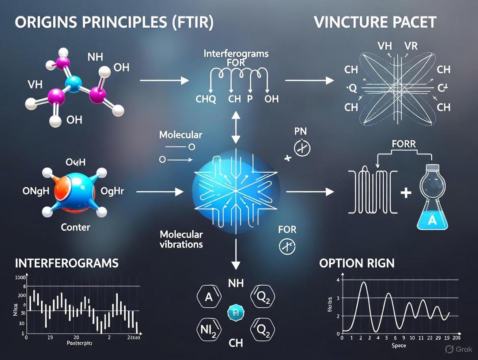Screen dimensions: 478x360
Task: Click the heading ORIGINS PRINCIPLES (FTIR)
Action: [x=114, y=22]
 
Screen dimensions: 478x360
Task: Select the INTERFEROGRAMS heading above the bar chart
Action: [x=66, y=263]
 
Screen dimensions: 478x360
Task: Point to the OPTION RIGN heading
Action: [x=356, y=263]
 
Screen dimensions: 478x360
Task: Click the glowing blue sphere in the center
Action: [x=236, y=191]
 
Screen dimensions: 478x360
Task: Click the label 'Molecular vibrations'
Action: [x=181, y=239]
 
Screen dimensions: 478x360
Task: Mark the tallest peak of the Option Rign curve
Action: [x=364, y=283]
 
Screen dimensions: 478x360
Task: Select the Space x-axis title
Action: [x=399, y=345]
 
